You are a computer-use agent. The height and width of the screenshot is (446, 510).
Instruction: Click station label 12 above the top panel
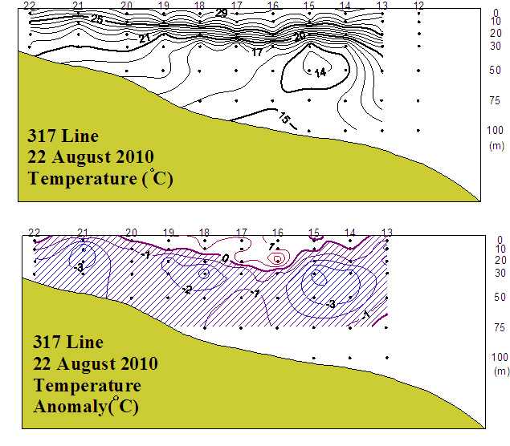coord(418,6)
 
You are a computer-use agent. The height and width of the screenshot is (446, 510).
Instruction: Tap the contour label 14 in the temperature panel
coord(320,72)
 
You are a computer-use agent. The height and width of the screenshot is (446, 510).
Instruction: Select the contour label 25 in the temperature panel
coord(96,18)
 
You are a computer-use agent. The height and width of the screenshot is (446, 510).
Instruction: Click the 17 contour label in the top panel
coord(258,52)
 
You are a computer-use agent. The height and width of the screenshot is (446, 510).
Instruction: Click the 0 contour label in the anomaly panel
coord(226,257)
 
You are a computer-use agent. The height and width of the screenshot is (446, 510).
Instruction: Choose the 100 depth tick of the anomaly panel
coord(497,356)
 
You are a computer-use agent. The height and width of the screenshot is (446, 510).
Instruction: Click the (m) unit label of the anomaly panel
coord(497,371)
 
